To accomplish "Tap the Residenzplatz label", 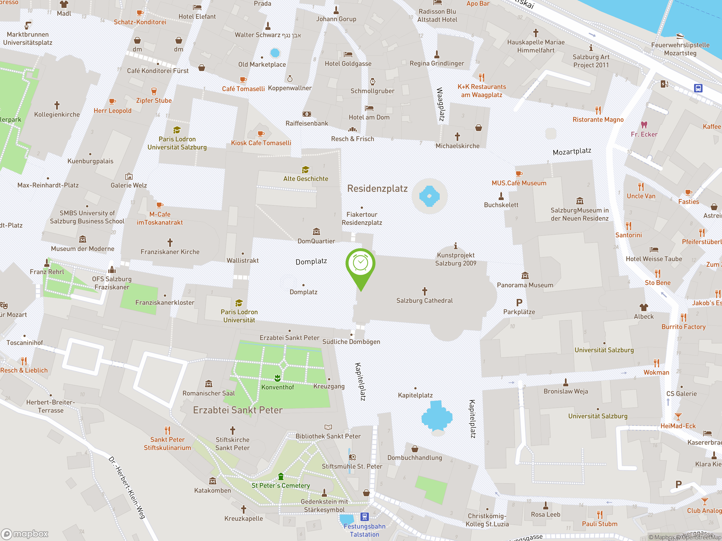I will coord(377,189).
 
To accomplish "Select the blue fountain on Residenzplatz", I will coord(429,196).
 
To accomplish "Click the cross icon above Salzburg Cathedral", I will coord(425,291).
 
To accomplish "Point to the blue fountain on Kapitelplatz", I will coord(437,417).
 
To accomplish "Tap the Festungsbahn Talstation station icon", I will coord(364,516).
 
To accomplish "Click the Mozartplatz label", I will coord(572,151).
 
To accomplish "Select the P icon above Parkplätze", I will coord(519,303).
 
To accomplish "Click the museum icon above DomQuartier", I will coord(316,232).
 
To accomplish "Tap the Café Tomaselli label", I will coord(243,89).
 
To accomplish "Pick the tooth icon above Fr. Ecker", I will coord(644,125).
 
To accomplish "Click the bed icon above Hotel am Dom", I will coord(369,108).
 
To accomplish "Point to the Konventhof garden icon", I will coord(278,378).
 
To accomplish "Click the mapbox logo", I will coord(25,534).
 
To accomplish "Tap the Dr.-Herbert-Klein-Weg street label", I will coord(127,487).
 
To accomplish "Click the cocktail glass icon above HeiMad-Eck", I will coord(678,416).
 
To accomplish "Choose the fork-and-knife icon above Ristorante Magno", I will coord(598,110).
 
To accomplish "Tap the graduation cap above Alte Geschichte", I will coord(305,170).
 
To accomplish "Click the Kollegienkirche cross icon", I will coord(57,105).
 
